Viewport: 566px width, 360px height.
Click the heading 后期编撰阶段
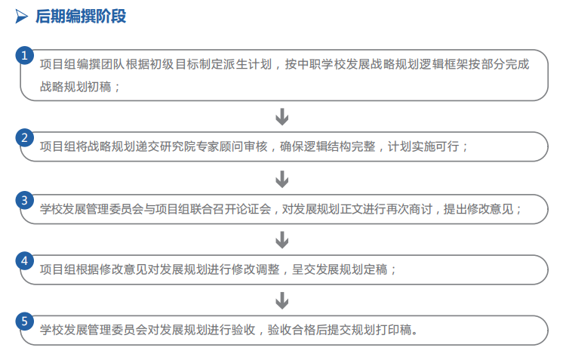coord(81,17)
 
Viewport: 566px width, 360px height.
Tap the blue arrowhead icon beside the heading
coord(21,17)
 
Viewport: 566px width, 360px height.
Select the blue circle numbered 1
coord(25,56)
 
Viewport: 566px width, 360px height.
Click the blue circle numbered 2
coord(25,138)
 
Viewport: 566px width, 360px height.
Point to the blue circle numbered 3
coord(25,201)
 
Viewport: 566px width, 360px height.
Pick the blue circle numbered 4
coord(25,261)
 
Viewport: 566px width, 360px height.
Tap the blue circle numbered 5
coord(25,322)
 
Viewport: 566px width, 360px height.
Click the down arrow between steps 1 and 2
coord(282,117)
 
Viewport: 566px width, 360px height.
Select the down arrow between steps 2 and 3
coord(282,179)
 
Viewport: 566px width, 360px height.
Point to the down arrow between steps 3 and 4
coord(282,240)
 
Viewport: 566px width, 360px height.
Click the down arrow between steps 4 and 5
coord(282,300)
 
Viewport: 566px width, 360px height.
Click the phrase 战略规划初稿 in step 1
coord(75,87)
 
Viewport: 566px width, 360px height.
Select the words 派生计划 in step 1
coord(248,64)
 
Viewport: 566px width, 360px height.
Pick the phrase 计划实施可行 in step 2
coord(423,146)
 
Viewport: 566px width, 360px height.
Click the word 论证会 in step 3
coord(253,209)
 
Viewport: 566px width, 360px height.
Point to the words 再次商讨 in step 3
coord(408,209)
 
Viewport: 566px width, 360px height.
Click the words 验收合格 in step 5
coord(291,330)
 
